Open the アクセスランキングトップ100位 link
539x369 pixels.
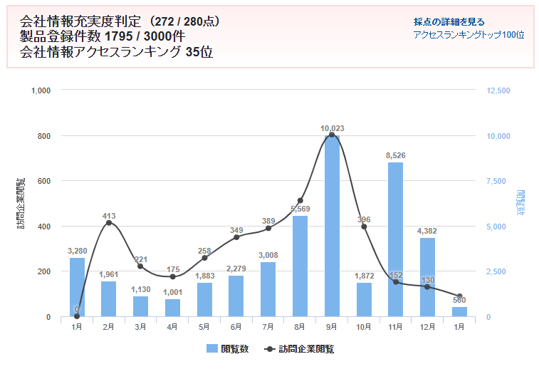tap(469, 35)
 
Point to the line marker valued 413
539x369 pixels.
tap(109, 223)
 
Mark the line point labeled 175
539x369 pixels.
tap(172, 276)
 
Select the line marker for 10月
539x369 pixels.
tap(364, 227)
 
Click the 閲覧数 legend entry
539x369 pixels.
tap(229, 349)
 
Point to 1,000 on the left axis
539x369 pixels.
tap(41, 90)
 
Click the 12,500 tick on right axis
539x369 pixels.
tap(498, 90)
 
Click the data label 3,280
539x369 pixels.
tap(77, 251)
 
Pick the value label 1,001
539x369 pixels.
tap(172, 292)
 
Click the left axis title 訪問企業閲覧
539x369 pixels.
tap(21, 204)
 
